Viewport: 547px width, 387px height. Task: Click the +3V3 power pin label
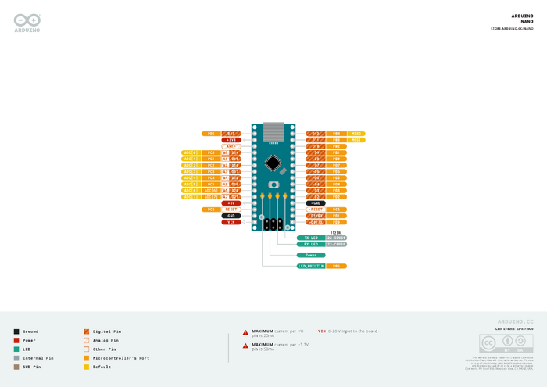231,140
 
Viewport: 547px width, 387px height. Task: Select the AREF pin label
231,146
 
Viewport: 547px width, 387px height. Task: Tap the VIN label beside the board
231,222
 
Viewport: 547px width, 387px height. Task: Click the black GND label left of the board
231,216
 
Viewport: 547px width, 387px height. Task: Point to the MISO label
356,134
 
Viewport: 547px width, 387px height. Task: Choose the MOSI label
356,140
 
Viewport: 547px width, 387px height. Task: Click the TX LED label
311,237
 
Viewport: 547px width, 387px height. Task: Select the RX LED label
311,244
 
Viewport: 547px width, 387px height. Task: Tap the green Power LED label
311,255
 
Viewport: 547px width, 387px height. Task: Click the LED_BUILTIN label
310,267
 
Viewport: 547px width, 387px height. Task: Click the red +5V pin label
231,203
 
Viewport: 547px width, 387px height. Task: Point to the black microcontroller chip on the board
273,163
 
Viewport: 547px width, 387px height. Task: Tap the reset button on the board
273,185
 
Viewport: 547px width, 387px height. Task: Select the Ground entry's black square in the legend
16,331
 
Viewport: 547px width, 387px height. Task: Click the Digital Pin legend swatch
86,331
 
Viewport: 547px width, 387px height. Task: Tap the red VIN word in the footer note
322,331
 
